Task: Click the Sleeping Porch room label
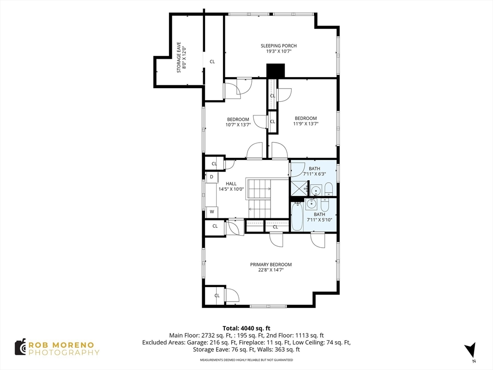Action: click(x=279, y=46)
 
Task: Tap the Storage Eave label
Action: click(x=179, y=58)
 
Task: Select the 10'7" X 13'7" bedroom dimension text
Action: click(x=238, y=125)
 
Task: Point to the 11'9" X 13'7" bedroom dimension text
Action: click(x=306, y=124)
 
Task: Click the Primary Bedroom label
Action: click(x=271, y=264)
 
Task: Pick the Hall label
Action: click(x=231, y=184)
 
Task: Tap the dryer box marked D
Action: click(x=212, y=177)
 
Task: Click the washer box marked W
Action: click(x=212, y=212)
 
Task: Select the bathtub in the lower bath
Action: click(x=297, y=216)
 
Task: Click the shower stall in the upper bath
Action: click(x=298, y=188)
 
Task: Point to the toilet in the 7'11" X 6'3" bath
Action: click(x=328, y=189)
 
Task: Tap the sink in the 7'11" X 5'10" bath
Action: click(x=311, y=204)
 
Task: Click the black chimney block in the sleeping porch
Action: click(x=275, y=71)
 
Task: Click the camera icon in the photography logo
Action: click(x=20, y=347)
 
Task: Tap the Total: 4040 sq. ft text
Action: click(x=246, y=329)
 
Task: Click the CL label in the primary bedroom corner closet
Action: click(x=217, y=295)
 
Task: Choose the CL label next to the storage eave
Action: click(x=212, y=62)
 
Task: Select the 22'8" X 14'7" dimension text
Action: click(x=271, y=270)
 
